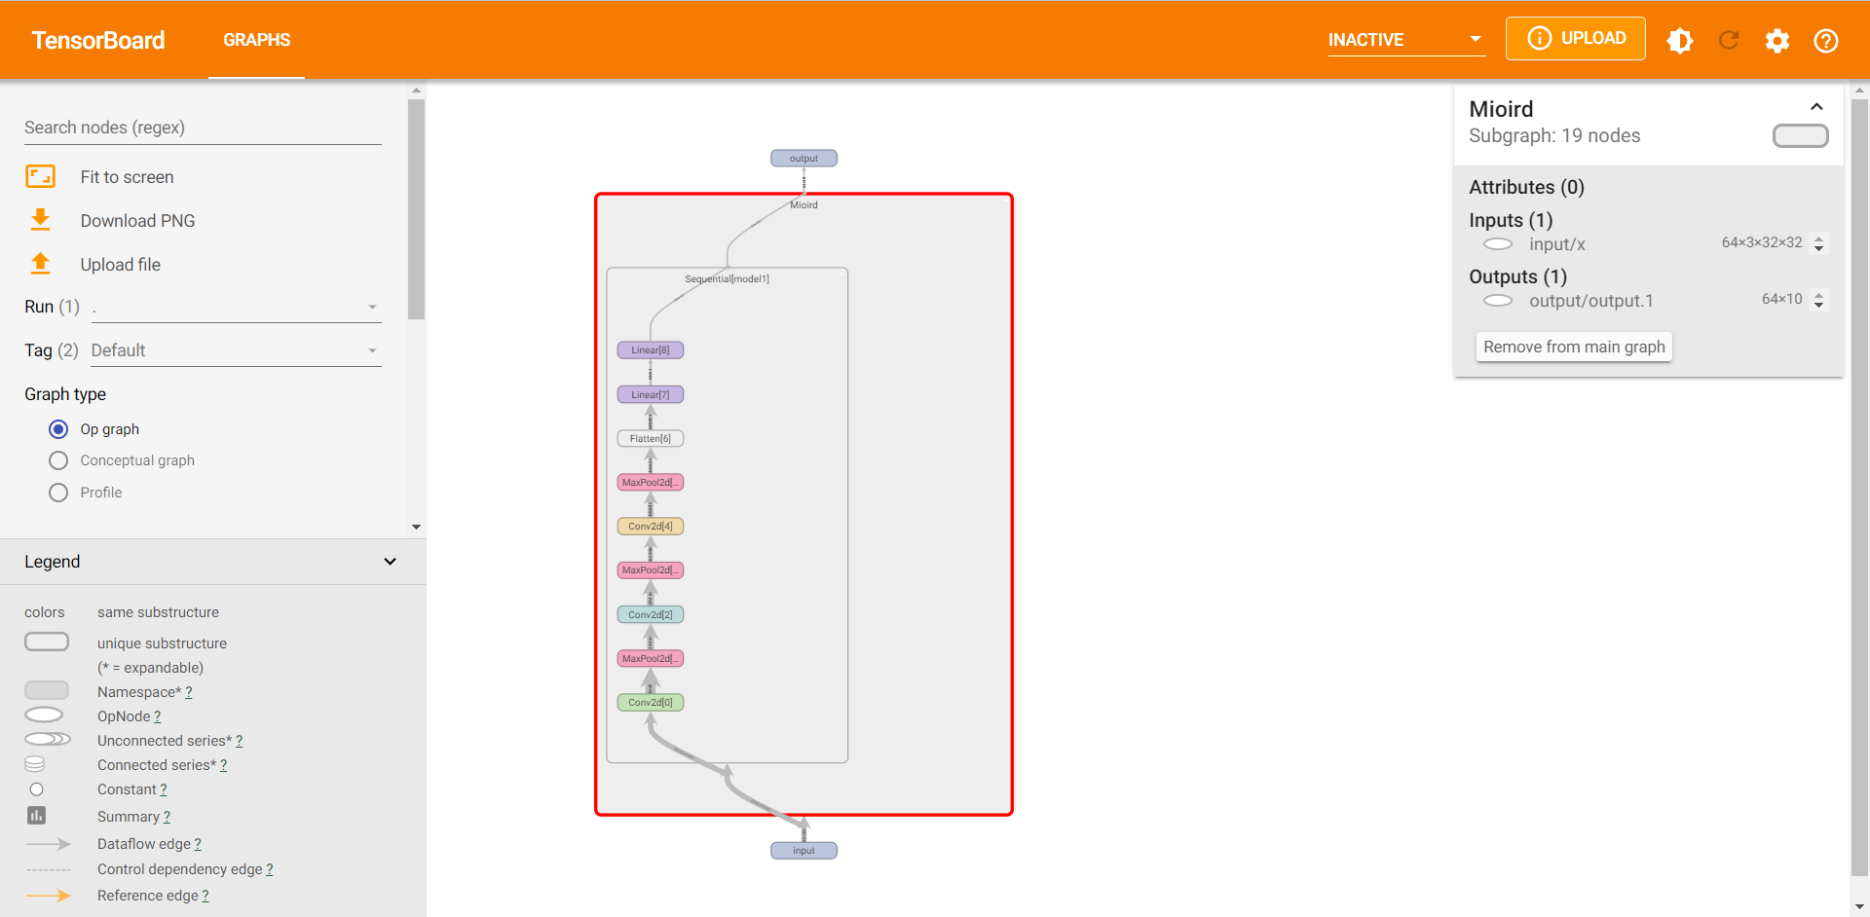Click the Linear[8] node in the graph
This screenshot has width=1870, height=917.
tap(650, 350)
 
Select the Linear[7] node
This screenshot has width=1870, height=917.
tap(650, 394)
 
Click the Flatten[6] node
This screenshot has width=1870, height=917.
tap(650, 438)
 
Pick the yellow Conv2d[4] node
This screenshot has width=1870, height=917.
tap(650, 527)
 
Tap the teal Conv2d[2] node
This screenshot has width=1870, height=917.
tap(650, 614)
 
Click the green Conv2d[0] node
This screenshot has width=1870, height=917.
tap(650, 703)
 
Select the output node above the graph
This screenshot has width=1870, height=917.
tap(804, 159)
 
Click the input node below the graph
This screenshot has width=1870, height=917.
tap(804, 851)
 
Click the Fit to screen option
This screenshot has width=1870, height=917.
tap(127, 177)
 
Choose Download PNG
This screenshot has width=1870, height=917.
tap(137, 221)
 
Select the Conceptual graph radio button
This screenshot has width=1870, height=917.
tap(58, 460)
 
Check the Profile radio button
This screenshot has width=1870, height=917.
tap(58, 493)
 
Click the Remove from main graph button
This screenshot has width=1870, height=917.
tap(1574, 347)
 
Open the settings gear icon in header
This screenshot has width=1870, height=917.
tap(1777, 40)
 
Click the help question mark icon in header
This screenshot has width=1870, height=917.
tap(1826, 40)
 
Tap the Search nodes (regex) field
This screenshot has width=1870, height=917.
tap(203, 128)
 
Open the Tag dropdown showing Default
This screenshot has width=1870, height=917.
tap(235, 350)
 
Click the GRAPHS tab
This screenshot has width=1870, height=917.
tap(257, 40)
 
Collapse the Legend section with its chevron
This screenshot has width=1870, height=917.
tap(390, 562)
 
